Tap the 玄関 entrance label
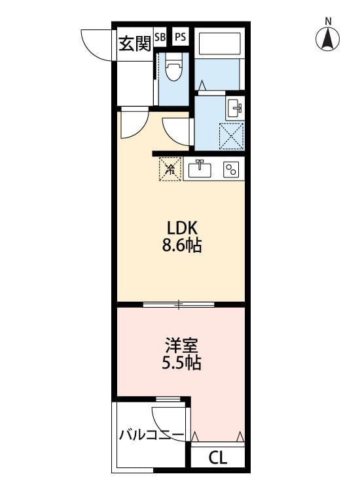(x=135, y=43)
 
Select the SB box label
(x=160, y=37)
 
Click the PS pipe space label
(x=180, y=37)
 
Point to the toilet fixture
(x=173, y=67)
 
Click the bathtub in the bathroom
(x=219, y=43)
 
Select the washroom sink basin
(x=235, y=107)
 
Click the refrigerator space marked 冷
(x=170, y=169)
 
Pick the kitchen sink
(x=200, y=170)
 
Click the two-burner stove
(x=231, y=170)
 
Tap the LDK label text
(x=182, y=228)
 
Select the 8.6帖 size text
(x=181, y=245)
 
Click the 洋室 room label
(x=181, y=346)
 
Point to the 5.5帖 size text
(x=181, y=363)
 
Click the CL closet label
(x=218, y=459)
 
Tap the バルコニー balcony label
(x=151, y=435)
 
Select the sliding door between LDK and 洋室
(x=179, y=304)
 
